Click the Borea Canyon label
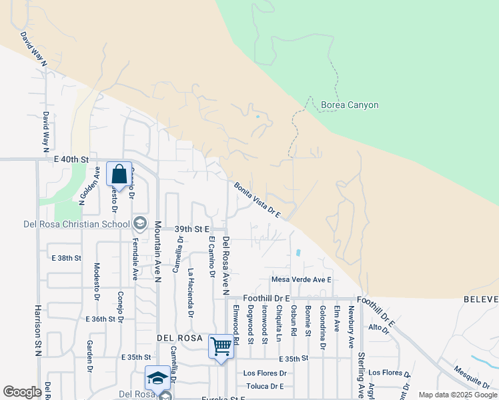point(350,105)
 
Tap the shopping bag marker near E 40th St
point(119,175)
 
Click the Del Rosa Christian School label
point(65,223)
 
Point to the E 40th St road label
point(71,160)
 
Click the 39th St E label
point(192,229)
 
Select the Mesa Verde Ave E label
point(301,279)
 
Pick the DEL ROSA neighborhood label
point(179,338)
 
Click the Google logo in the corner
point(22,392)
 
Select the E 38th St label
point(66,257)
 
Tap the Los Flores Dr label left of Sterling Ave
point(265,373)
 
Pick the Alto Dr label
point(378,327)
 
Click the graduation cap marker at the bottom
point(157,378)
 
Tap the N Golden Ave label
point(89,185)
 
